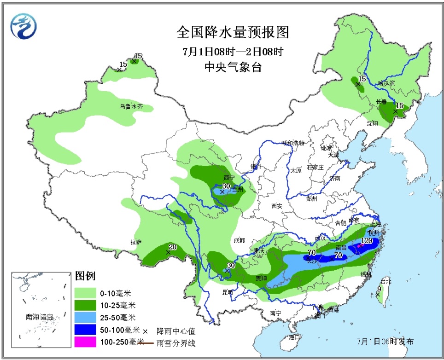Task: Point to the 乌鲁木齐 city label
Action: point(131,106)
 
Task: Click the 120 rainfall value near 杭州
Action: point(366,241)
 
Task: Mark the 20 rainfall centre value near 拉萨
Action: point(172,247)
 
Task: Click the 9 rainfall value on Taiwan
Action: point(379,289)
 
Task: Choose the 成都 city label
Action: point(239,240)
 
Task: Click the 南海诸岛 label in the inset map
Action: point(40,317)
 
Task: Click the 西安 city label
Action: point(276,206)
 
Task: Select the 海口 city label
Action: point(294,337)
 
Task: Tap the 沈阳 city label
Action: point(372,123)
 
